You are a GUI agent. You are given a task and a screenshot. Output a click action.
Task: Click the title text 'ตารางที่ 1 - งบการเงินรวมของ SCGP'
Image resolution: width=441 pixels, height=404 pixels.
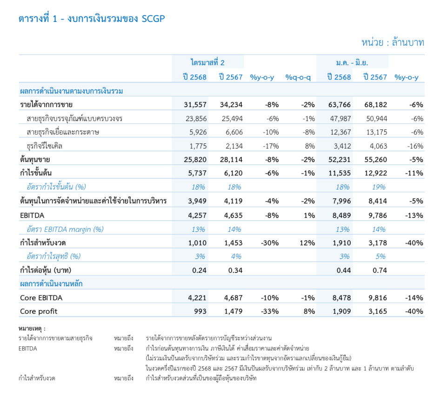point(92,19)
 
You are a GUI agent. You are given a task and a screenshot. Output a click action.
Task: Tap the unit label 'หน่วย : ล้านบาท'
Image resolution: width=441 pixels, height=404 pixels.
point(393,42)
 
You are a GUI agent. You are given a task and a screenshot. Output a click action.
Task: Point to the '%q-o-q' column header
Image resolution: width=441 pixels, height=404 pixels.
point(298,77)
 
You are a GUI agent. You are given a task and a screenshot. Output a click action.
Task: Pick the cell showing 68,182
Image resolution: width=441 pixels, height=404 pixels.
point(375,105)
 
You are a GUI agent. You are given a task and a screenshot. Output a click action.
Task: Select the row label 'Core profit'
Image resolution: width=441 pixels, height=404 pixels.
point(39,311)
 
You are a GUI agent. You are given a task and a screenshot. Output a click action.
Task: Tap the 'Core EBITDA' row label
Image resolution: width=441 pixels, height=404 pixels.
point(41,298)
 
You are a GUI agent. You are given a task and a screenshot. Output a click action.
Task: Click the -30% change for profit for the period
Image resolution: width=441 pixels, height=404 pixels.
point(269,243)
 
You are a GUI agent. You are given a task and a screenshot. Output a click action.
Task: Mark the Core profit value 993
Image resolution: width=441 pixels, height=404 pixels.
point(200,311)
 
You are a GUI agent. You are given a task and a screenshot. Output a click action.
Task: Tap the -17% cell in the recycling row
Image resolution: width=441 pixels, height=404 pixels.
point(270,146)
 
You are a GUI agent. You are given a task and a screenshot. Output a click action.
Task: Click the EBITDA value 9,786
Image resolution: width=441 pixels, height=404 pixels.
point(376,215)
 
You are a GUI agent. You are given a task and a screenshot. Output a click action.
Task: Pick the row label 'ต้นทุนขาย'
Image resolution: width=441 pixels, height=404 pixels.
point(35,160)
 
